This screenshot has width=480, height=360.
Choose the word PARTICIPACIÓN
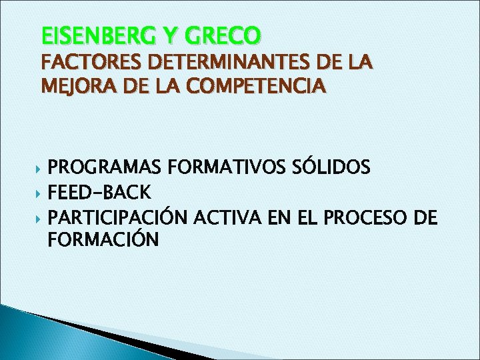120,217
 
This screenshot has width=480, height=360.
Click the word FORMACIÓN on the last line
104,239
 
